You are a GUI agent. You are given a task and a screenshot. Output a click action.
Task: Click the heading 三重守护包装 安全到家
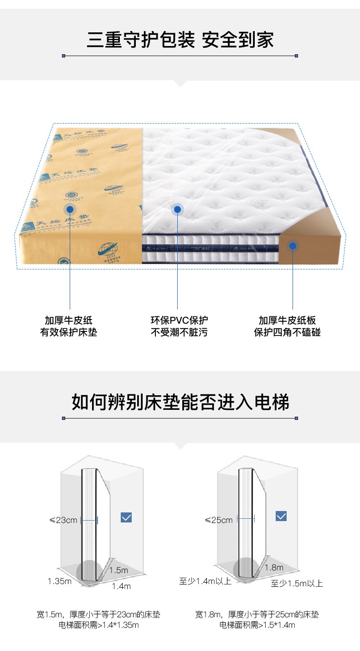[180, 39]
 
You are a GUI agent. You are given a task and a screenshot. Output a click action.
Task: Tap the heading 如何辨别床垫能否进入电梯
[180, 402]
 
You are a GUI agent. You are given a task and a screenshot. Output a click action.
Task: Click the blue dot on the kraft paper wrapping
[70, 209]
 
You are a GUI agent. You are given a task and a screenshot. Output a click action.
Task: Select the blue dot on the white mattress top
[177, 209]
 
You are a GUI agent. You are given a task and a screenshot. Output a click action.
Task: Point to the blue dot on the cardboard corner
[293, 246]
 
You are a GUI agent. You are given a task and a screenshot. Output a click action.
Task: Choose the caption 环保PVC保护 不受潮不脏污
[179, 326]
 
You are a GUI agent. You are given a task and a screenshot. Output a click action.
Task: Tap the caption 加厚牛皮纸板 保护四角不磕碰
[287, 326]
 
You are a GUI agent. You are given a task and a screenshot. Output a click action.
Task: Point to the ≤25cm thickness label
[219, 520]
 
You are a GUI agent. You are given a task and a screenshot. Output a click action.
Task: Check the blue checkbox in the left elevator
[126, 517]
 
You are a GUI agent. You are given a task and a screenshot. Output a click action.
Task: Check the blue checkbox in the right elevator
[282, 516]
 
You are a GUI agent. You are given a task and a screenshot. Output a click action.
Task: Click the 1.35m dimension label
[60, 581]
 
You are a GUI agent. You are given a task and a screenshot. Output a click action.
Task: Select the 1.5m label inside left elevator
[118, 570]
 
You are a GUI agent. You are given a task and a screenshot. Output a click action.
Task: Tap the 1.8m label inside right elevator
[274, 568]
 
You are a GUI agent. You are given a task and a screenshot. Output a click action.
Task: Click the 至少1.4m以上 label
[205, 581]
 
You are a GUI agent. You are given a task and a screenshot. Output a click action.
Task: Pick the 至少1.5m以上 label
[297, 583]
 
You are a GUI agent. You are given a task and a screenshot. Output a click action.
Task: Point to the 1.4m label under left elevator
[121, 586]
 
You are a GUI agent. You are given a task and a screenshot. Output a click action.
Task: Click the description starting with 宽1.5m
[98, 620]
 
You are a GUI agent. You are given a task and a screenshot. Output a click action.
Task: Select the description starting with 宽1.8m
[257, 620]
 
